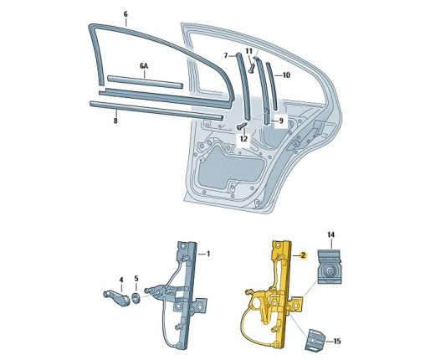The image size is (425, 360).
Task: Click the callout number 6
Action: point(125,14)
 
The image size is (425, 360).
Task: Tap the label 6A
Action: point(144,66)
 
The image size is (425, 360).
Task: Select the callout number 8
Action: point(115,121)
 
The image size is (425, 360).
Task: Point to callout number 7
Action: point(226,56)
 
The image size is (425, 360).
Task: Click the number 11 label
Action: point(248,51)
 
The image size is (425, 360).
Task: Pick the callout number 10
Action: point(286,75)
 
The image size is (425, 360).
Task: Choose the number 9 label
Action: point(281,121)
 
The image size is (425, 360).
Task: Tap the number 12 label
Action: point(243,139)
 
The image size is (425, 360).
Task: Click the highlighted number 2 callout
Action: point(303,255)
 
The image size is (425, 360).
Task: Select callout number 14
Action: point(331,234)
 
